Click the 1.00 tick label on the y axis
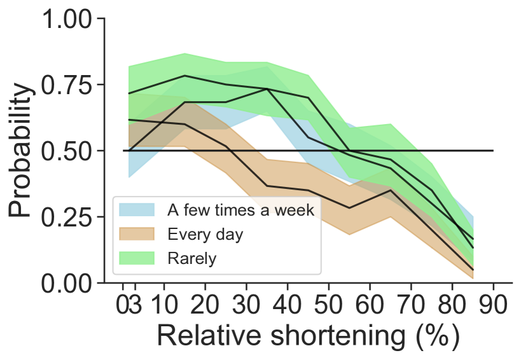(x=67, y=19)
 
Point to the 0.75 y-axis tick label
(x=67, y=85)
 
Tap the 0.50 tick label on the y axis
(x=67, y=151)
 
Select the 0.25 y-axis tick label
(x=67, y=216)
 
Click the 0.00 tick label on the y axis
(x=67, y=282)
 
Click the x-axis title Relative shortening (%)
(x=307, y=335)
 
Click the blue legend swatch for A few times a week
(x=137, y=209)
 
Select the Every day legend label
(x=205, y=234)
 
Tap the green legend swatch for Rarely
(x=137, y=258)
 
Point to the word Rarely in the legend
(x=191, y=258)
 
